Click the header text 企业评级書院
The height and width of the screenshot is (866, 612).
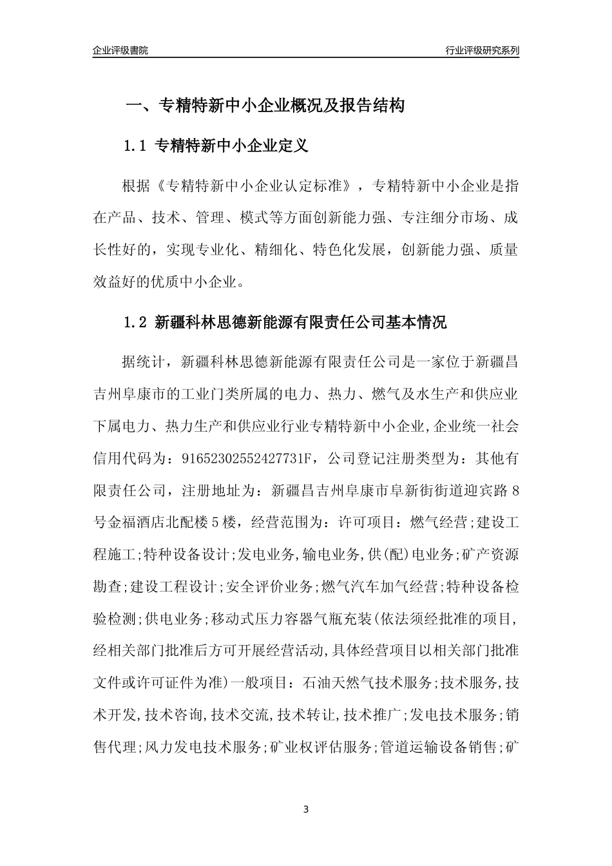coord(120,50)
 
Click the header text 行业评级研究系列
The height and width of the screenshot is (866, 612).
coord(482,50)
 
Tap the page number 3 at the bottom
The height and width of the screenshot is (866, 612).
coord(306,809)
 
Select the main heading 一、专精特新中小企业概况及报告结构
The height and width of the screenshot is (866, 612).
coord(264,106)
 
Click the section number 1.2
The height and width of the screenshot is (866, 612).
coord(135,323)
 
